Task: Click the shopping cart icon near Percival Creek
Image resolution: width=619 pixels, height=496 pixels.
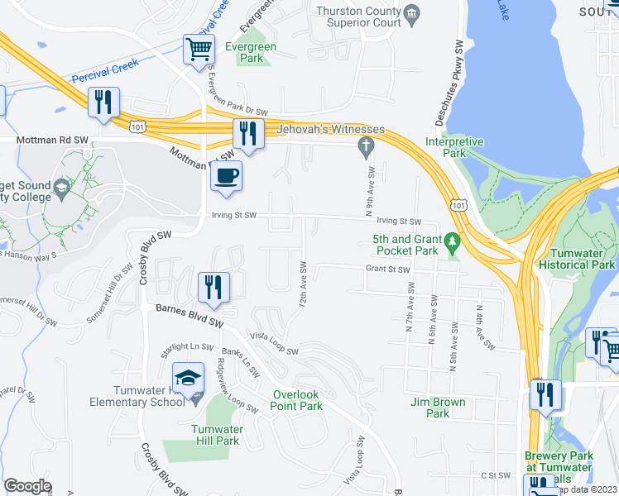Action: [199, 49]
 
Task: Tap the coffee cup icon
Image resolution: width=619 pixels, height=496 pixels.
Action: [226, 175]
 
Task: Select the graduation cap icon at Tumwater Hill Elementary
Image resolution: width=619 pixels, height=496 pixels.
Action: [189, 378]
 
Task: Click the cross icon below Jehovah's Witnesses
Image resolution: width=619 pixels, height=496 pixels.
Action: [363, 147]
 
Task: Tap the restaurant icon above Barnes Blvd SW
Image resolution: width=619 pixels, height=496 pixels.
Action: [214, 287]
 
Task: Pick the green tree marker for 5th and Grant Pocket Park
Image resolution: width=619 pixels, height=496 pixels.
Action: [451, 242]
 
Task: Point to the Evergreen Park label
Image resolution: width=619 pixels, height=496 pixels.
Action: [262, 53]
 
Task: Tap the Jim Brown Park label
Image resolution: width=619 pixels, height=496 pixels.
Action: [438, 408]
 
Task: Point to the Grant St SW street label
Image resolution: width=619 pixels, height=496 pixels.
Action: [388, 269]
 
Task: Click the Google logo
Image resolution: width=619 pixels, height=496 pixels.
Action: [27, 486]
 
